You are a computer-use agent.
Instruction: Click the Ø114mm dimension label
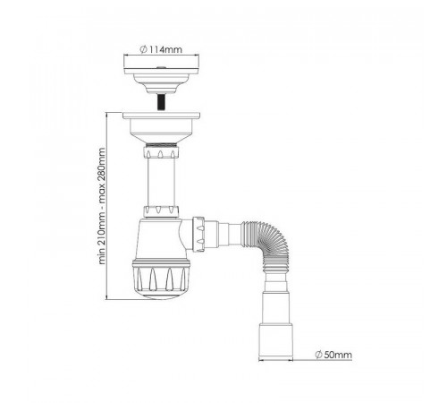[161, 49]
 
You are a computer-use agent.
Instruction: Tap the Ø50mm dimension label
[333, 355]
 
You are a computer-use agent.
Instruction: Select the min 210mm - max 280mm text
[102, 206]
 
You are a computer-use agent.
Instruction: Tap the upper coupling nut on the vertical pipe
[161, 151]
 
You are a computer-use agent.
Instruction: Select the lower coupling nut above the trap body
[161, 210]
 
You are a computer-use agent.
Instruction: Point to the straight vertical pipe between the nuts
[161, 182]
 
